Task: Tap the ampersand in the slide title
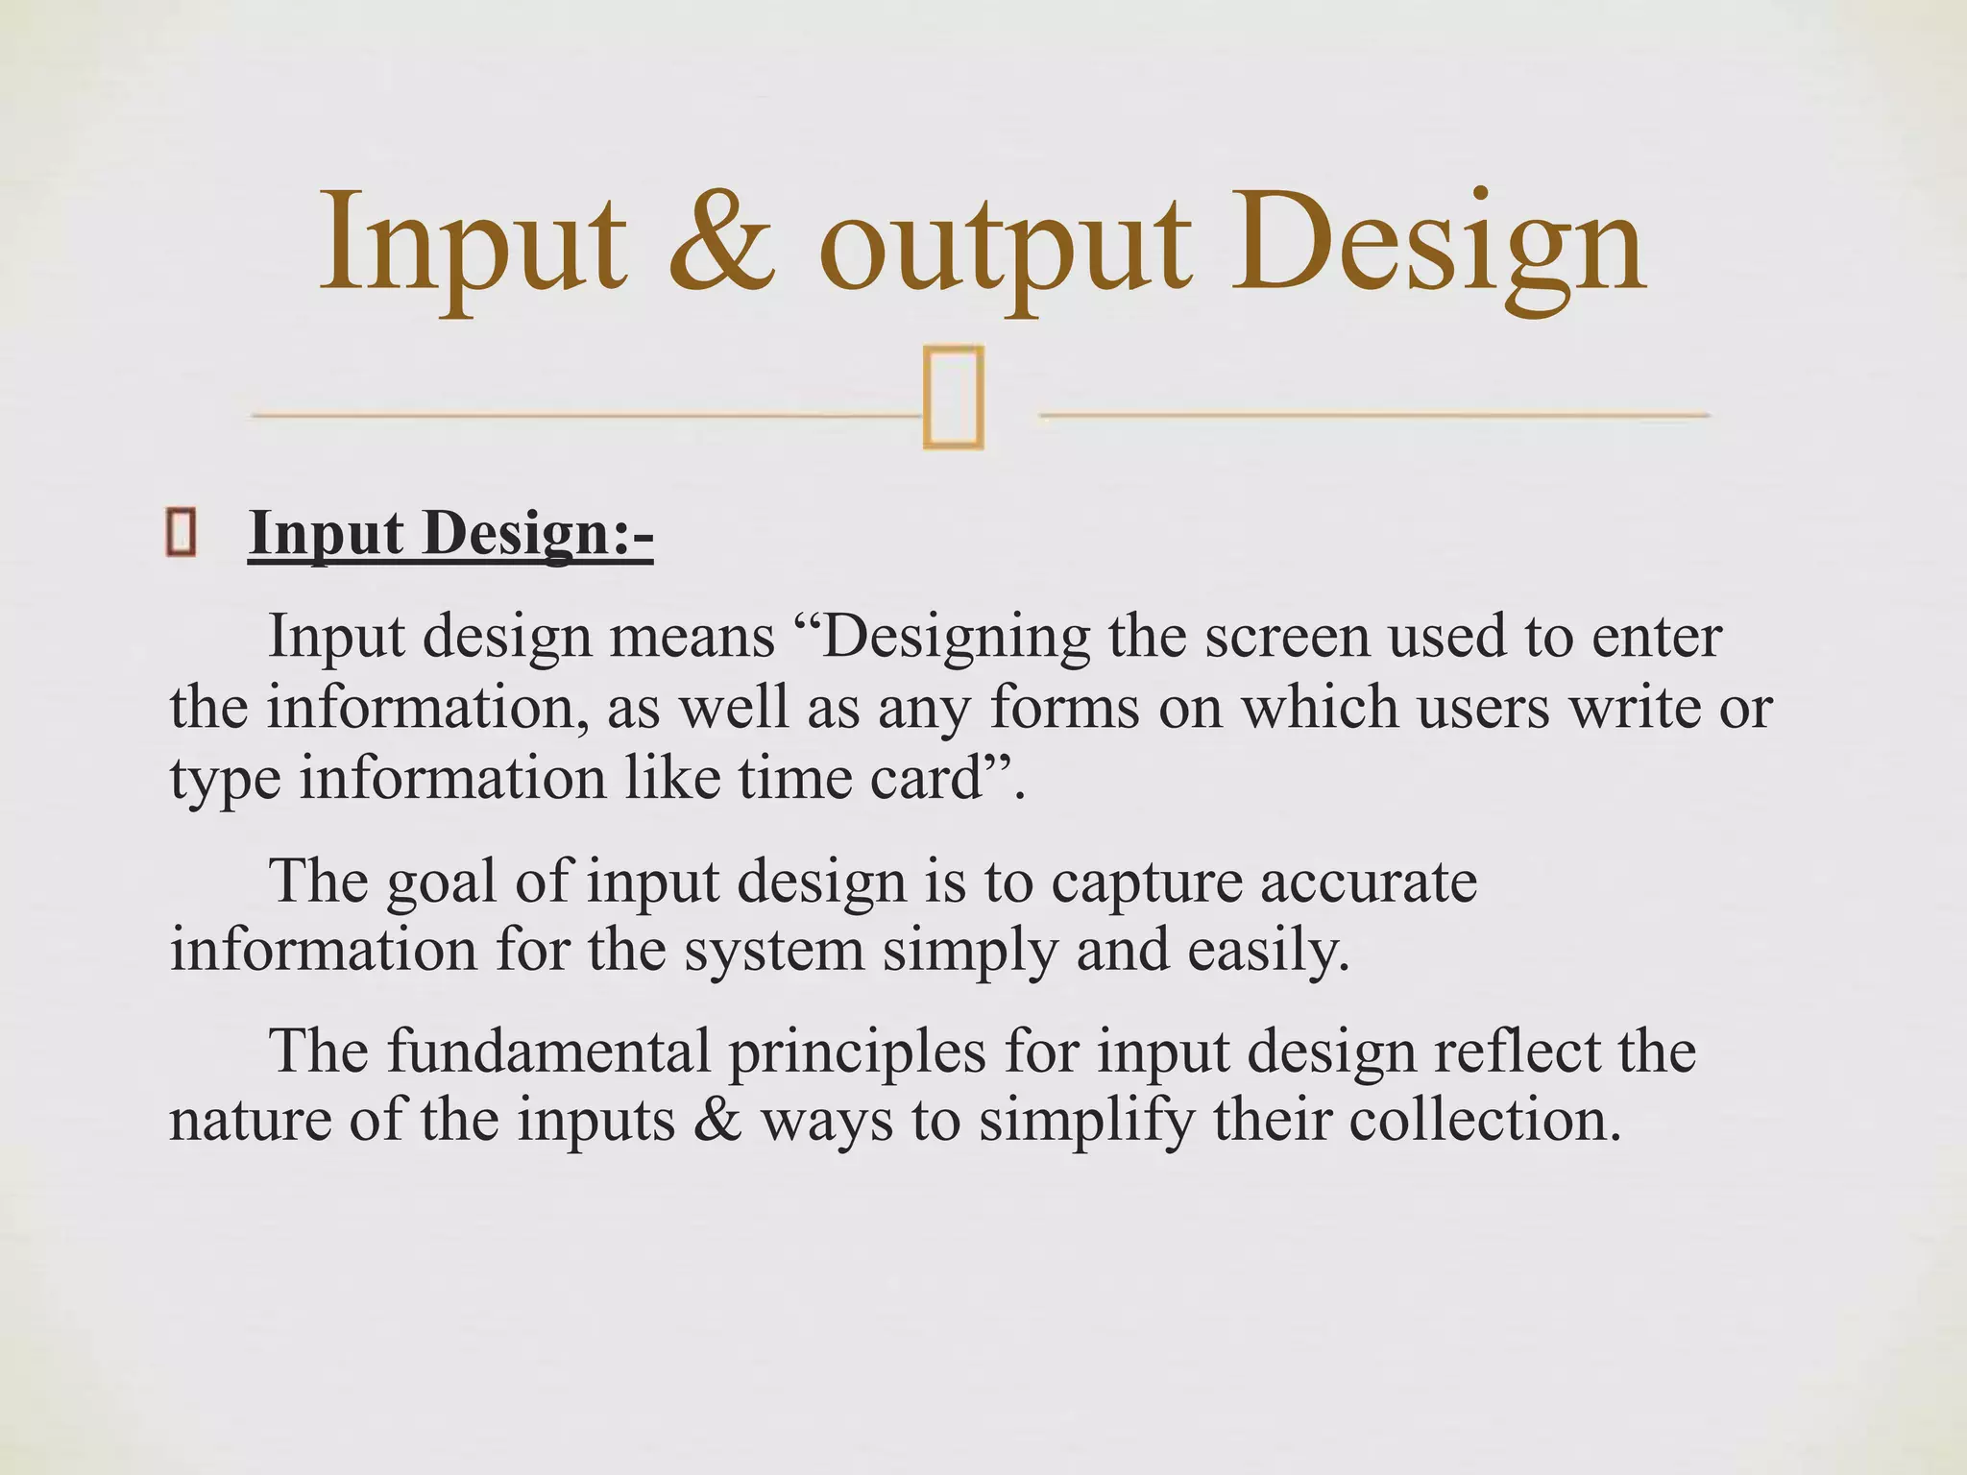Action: coord(721,240)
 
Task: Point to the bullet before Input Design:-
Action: coord(182,534)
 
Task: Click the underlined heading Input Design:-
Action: coord(450,534)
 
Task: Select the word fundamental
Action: coord(549,1051)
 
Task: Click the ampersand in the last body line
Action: coord(717,1121)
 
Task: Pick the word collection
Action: coord(1485,1121)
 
